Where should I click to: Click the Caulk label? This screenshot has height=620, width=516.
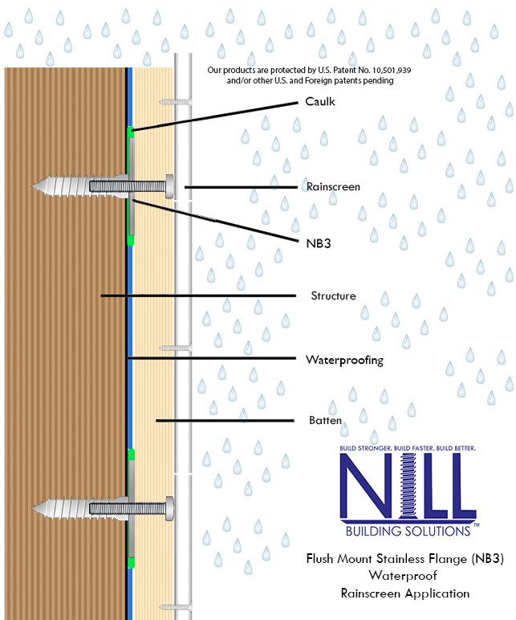tap(320, 102)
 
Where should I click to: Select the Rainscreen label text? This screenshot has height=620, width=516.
tap(333, 186)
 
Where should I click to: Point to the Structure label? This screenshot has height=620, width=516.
tap(333, 296)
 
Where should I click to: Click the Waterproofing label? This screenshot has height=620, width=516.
tap(344, 360)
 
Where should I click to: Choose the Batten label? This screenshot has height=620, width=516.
tap(326, 420)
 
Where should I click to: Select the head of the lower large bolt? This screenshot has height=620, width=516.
tap(170, 507)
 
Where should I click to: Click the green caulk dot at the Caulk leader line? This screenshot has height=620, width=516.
tap(130, 131)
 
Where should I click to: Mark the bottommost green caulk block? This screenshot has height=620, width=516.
tap(130, 562)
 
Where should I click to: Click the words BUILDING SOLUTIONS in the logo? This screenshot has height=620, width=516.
tap(407, 531)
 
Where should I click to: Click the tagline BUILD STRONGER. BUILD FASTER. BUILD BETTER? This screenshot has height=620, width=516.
tap(407, 447)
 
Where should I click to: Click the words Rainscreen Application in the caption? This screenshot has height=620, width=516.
tap(405, 594)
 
